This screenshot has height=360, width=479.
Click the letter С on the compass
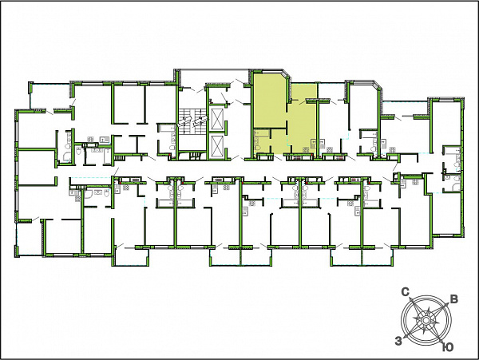(x=405, y=292)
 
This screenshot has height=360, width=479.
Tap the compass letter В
(x=454, y=299)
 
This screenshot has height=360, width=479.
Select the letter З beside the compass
(x=398, y=341)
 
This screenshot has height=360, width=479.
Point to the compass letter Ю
(x=448, y=347)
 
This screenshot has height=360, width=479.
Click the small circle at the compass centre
(x=426, y=320)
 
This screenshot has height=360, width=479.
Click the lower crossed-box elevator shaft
(x=217, y=147)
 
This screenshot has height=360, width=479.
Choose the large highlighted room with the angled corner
(x=270, y=101)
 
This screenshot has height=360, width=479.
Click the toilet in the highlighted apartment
(x=259, y=148)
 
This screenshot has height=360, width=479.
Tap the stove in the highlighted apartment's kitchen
(x=306, y=149)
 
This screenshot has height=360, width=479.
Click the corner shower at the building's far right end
(x=456, y=187)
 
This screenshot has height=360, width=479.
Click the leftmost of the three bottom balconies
(x=132, y=256)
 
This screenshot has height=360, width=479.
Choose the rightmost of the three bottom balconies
(x=362, y=257)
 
